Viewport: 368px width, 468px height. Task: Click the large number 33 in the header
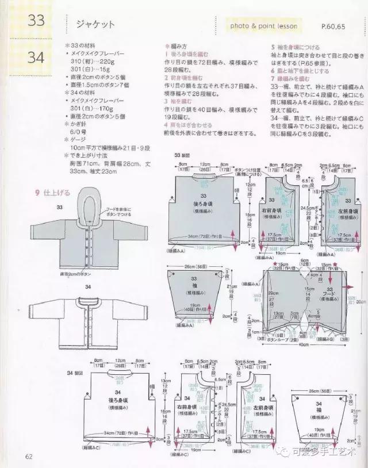coord(35,22)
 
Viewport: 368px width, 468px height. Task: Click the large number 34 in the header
coord(35,57)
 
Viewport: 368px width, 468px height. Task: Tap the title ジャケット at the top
coord(95,24)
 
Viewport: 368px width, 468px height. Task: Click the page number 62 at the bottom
coord(28,457)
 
